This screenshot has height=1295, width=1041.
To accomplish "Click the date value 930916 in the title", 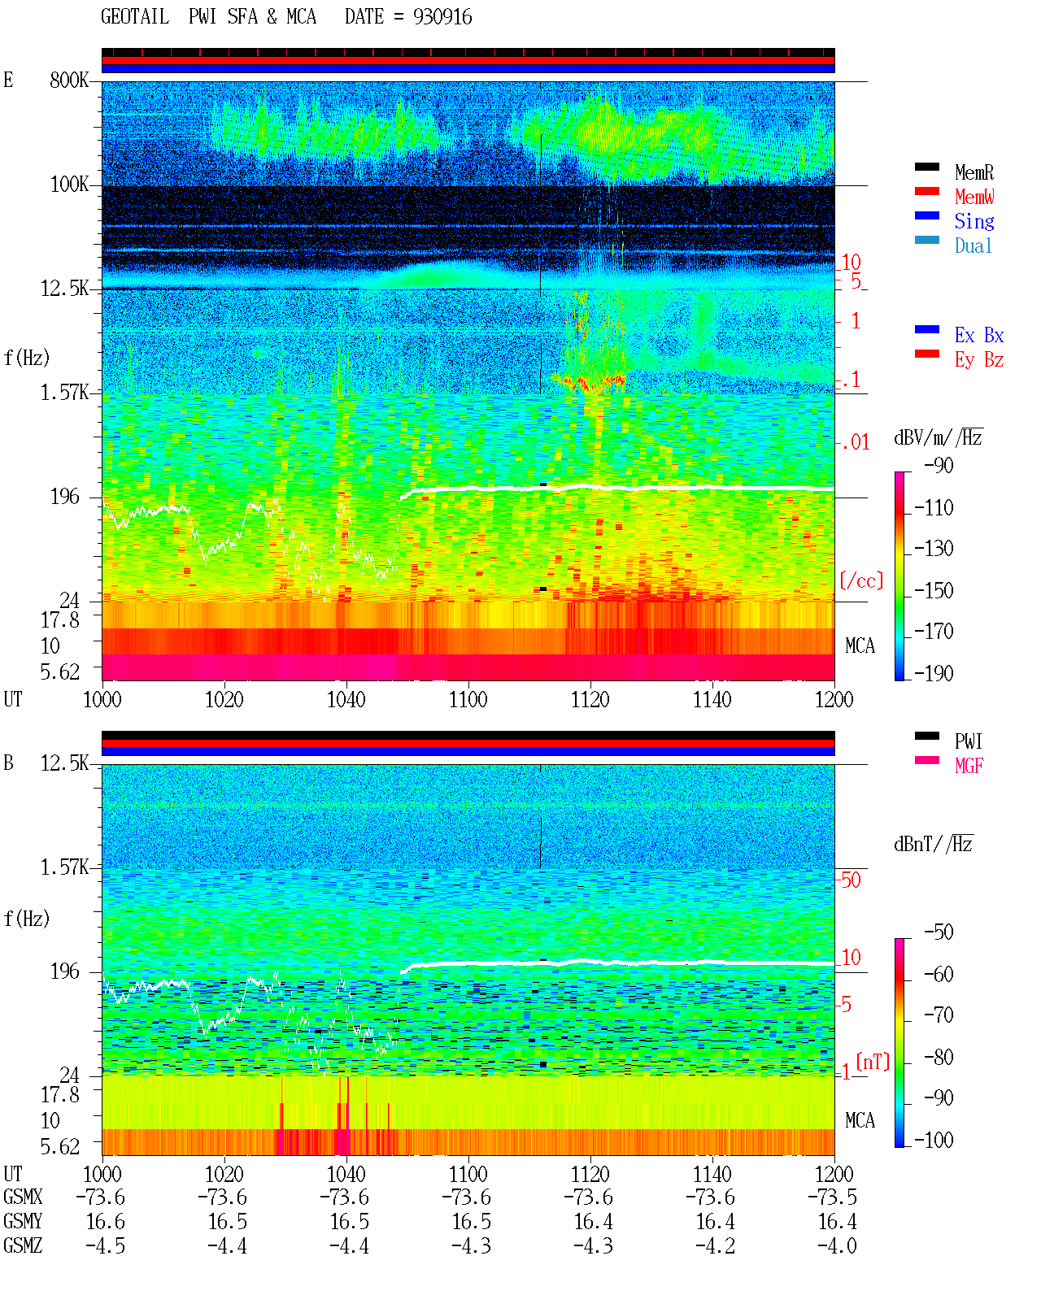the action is [442, 17].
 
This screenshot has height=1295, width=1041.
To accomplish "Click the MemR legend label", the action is [974, 172].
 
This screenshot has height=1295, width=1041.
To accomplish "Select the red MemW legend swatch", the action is [926, 191].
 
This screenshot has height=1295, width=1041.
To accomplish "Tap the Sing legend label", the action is [974, 221].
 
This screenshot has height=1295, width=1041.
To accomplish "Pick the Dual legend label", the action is [973, 246].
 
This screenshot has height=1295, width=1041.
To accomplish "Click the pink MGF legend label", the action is [969, 766].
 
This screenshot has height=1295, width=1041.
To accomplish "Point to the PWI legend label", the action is [968, 741].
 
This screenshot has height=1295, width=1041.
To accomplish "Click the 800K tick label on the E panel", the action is [69, 80].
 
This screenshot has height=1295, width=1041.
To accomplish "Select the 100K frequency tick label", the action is [69, 185].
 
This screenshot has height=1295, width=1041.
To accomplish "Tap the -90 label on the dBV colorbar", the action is [939, 465].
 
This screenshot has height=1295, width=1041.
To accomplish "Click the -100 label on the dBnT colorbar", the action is [934, 1140].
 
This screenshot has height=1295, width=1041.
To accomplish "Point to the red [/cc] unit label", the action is [861, 580].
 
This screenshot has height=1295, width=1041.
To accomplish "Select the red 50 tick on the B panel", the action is [851, 880].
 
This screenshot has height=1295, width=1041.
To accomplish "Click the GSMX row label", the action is [23, 1197].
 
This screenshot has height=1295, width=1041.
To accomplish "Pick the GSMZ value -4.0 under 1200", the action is [837, 1245].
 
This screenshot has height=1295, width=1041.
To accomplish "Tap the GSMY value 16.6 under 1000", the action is [106, 1222].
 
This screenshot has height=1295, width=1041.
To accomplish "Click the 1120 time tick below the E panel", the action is [590, 700].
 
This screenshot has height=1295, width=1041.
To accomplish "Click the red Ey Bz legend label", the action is [979, 360].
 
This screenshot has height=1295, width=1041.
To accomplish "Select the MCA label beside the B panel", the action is [860, 1120].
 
